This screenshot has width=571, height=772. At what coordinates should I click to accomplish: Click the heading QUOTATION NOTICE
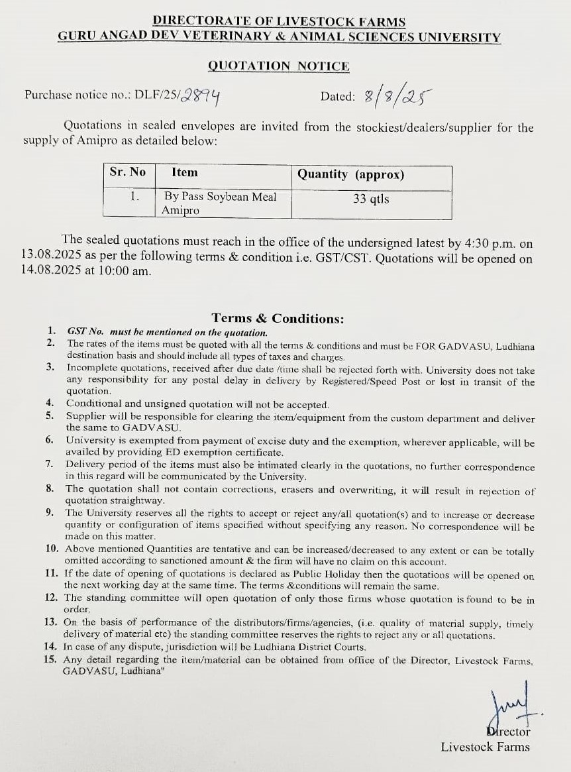278,66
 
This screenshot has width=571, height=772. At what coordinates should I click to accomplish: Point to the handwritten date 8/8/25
394,97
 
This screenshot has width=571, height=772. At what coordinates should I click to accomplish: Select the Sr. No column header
127,172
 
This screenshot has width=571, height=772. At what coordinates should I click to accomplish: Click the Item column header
184,172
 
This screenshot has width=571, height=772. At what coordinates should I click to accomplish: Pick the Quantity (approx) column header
350,174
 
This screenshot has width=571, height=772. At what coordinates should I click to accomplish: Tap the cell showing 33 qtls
371,198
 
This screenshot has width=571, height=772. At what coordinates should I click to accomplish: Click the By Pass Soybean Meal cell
219,197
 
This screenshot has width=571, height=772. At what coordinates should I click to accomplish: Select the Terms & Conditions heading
278,319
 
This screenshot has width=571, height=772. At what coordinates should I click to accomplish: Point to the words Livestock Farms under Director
486,747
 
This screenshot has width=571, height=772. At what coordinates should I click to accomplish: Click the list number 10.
52,549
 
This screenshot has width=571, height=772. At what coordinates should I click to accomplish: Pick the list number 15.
51,659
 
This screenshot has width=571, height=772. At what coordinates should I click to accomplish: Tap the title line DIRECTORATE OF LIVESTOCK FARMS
279,23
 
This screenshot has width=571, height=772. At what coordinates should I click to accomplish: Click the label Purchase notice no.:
77,95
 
